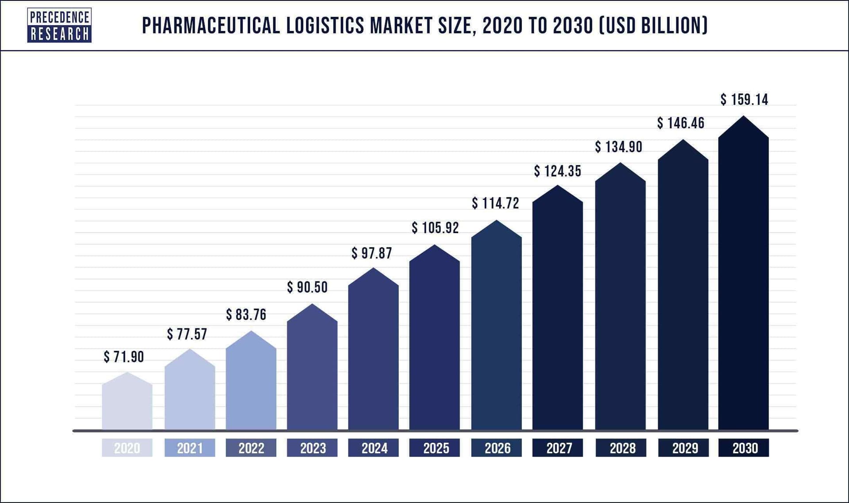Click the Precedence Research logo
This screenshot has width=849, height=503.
tap(59, 25)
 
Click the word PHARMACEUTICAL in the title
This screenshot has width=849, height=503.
tap(210, 25)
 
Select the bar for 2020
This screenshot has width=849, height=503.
tap(127, 405)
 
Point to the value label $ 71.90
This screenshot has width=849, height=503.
tap(124, 357)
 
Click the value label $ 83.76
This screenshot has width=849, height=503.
tap(246, 315)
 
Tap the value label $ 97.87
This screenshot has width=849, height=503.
tap(372, 253)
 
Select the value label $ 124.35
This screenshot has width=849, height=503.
tap(558, 171)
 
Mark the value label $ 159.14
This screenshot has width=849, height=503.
tap(744, 100)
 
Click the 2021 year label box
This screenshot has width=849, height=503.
tap(190, 448)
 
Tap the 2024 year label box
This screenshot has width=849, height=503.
tap(374, 448)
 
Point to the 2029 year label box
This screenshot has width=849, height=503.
tap(684, 448)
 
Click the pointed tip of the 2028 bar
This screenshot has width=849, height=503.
tap(620, 164)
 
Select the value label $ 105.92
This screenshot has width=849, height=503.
tap(435, 228)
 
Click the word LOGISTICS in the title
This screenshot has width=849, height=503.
tap(325, 25)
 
